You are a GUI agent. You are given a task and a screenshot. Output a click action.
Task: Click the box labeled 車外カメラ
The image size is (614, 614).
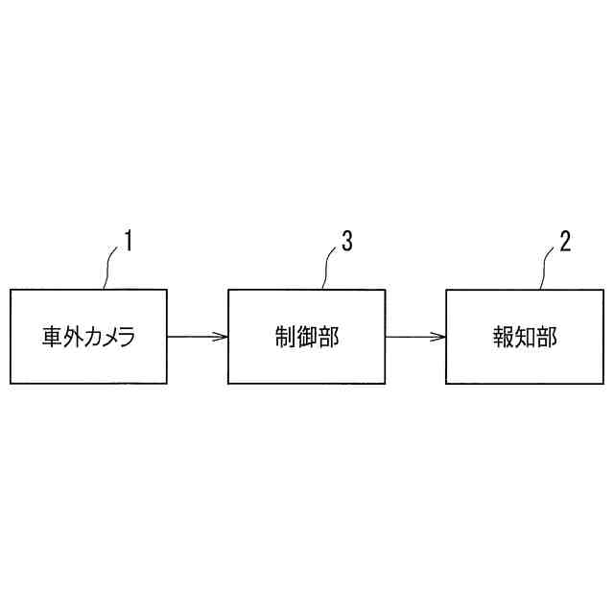pyautogui.click(x=87, y=337)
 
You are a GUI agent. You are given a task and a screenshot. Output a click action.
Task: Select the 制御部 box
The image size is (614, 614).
pyautogui.click(x=306, y=337)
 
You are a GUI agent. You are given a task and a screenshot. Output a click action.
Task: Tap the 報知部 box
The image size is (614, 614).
pyautogui.click(x=524, y=337)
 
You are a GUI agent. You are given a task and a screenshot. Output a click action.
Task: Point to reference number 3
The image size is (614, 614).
pyautogui.click(x=346, y=241)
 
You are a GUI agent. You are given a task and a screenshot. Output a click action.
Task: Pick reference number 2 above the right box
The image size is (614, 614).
pyautogui.click(x=565, y=241)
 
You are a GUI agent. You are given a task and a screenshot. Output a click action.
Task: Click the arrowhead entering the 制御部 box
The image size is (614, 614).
pyautogui.click(x=223, y=337)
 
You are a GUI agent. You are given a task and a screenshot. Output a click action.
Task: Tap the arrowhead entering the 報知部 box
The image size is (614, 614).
pyautogui.click(x=440, y=337)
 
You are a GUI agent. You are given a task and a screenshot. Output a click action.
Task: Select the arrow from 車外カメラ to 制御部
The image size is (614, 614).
pyautogui.click(x=196, y=337)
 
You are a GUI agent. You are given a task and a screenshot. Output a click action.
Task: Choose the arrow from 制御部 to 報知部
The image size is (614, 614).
pyautogui.click(x=414, y=337)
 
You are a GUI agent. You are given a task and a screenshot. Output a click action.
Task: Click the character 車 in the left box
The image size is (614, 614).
pyautogui.click(x=52, y=338)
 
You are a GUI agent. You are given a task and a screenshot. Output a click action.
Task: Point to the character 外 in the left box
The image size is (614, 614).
pyautogui.click(x=76, y=338)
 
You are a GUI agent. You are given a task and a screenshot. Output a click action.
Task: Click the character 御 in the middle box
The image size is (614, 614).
pyautogui.click(x=306, y=338)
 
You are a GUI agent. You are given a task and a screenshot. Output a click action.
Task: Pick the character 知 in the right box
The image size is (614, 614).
pyautogui.click(x=524, y=338)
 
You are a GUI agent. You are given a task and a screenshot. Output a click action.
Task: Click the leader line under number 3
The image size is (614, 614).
pyautogui.click(x=329, y=270)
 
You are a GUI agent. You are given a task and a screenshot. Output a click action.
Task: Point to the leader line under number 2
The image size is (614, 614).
pyautogui.click(x=547, y=270)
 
